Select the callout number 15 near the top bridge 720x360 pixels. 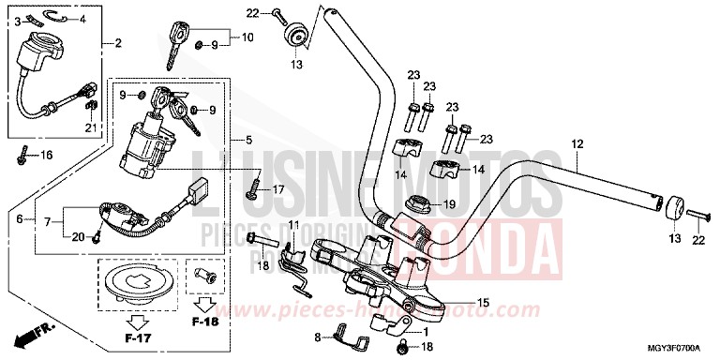[x=484, y=303]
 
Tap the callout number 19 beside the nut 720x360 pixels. [x=449, y=203]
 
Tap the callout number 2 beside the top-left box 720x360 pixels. [x=118, y=43]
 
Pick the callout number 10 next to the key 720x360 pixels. [x=247, y=38]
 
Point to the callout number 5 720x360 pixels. [x=248, y=141]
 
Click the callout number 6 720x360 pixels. [x=20, y=218]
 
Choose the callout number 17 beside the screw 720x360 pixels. [x=277, y=190]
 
